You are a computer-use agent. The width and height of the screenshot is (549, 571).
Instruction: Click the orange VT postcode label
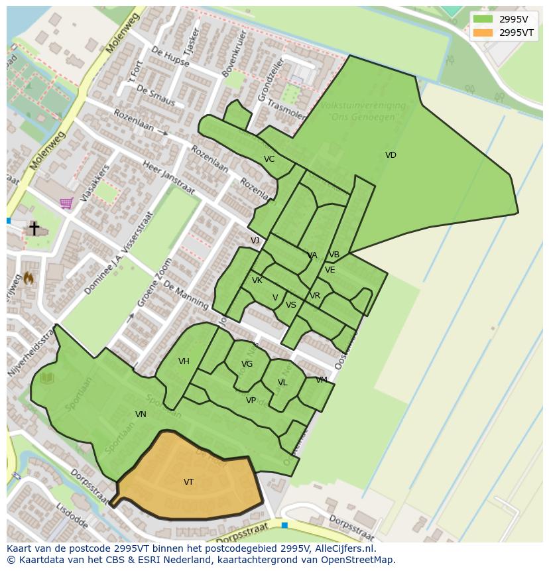(x=189, y=482)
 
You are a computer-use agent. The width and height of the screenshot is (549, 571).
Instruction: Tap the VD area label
(x=391, y=155)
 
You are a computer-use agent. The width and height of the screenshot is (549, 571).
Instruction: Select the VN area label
(x=141, y=414)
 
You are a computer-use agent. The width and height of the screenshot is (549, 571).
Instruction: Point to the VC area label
(x=269, y=159)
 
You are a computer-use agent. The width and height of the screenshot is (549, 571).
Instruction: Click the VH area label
(x=184, y=361)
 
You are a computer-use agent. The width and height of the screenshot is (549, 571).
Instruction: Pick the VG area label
(x=247, y=364)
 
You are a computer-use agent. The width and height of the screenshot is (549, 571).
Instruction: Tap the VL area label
(x=282, y=383)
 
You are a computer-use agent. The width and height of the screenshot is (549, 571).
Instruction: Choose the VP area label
(x=251, y=401)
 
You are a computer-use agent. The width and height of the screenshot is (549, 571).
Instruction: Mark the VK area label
(x=257, y=281)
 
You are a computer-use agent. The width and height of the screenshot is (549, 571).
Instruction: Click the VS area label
(x=291, y=305)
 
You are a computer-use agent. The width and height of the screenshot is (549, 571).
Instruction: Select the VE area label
(x=330, y=270)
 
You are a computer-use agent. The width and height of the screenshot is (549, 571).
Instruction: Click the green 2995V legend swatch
(x=483, y=19)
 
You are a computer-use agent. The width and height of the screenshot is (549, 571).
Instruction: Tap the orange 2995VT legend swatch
(x=483, y=32)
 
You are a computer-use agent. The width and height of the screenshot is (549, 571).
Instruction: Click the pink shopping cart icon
(x=66, y=203)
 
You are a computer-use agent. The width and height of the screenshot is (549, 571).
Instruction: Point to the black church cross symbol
(x=34, y=228)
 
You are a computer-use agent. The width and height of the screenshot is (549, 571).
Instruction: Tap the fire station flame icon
(x=29, y=279)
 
